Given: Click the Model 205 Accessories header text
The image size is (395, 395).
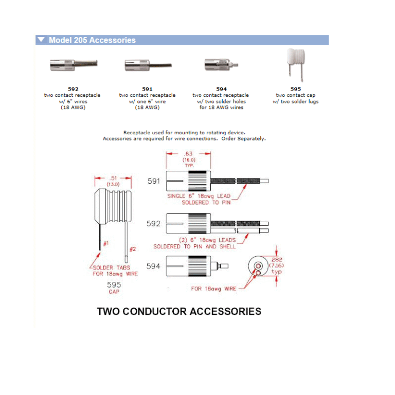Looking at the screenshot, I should point(92,40).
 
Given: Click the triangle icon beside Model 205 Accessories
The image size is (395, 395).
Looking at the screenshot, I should point(41,40).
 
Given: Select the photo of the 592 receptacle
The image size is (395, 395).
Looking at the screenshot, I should point(73,66).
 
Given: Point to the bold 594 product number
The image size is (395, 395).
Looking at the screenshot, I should point(221,89).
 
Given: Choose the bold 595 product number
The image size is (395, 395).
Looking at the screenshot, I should point(296,89).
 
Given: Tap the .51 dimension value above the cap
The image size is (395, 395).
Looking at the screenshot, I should point(113,178).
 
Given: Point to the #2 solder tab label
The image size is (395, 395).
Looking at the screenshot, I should point(132,249).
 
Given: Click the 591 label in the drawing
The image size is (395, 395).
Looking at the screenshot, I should point(154,181).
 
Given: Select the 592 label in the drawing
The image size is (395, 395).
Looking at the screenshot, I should point(154,224).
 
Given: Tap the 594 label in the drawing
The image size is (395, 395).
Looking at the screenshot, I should point(154,266).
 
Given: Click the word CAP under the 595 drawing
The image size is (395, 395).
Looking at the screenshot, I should point(114,292).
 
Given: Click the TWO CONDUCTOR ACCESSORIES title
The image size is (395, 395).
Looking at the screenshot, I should point(179,311).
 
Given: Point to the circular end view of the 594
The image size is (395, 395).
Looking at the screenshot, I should point(258,266).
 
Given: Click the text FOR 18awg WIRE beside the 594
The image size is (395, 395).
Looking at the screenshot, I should point(213,289).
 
